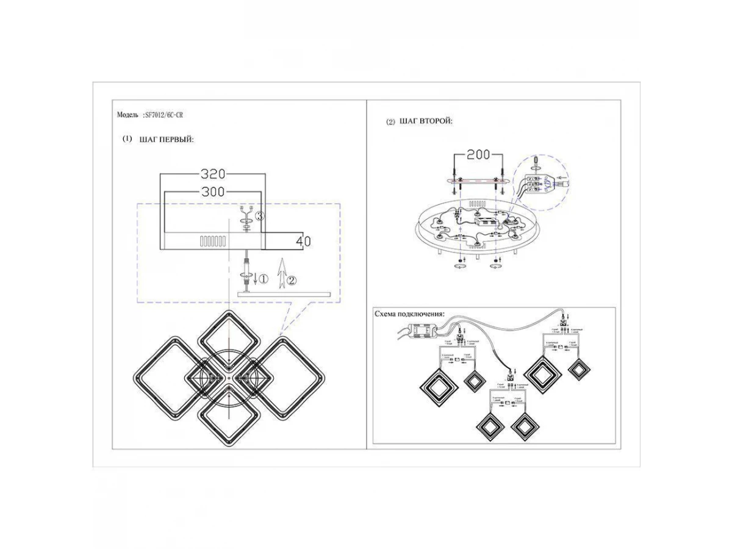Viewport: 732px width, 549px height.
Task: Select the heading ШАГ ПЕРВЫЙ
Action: tap(167, 140)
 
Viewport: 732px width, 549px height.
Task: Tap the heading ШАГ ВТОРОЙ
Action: tap(426, 122)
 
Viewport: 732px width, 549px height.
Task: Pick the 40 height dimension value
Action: tap(303, 242)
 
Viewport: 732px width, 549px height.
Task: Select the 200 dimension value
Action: tap(479, 155)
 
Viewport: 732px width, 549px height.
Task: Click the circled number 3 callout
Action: tap(259, 216)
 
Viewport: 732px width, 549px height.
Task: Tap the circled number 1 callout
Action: tap(263, 279)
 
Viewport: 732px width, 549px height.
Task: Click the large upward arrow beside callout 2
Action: tap(281, 271)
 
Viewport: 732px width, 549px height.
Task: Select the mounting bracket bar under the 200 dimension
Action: tap(478, 180)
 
